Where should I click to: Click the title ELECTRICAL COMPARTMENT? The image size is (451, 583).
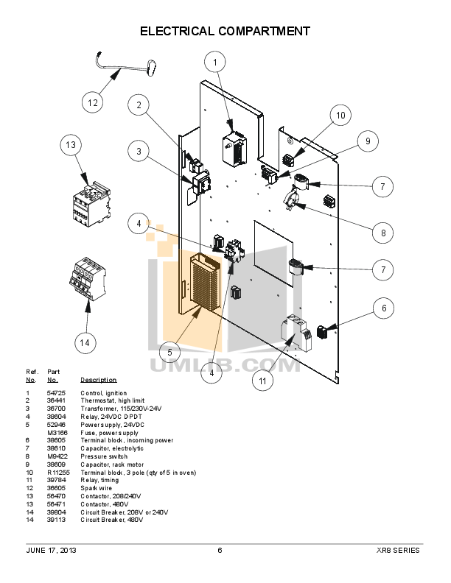[225, 31]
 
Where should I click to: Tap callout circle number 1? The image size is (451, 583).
[214, 63]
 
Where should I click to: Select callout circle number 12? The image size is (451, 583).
[92, 103]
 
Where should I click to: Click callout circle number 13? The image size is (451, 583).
[71, 146]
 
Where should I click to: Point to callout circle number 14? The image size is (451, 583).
[85, 342]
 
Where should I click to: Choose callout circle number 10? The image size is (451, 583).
[340, 116]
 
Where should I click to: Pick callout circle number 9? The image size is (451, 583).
[368, 141]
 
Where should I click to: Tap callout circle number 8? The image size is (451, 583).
[383, 233]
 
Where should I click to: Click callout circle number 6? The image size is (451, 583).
[383, 309]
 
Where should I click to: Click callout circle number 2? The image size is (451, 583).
[138, 105]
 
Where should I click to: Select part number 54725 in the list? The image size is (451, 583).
[56, 394]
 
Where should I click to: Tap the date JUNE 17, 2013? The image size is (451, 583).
[52, 550]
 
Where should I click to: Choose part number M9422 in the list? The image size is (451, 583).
[56, 456]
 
